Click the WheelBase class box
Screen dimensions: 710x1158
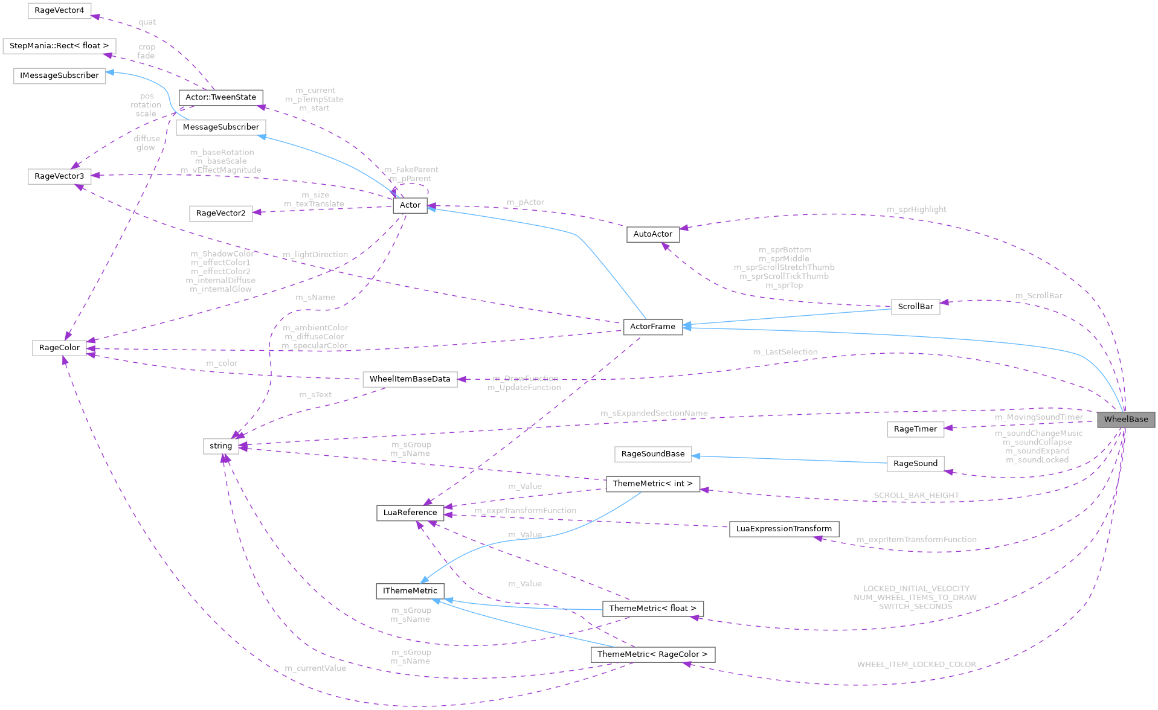[x=1126, y=420]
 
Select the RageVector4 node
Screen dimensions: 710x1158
[x=59, y=11]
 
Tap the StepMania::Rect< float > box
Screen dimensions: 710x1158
[x=59, y=46]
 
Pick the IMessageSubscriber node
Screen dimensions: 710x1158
[x=59, y=75]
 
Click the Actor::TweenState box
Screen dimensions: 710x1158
[x=220, y=97]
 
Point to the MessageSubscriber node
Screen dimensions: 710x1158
[x=220, y=127]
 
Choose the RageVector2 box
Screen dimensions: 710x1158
[x=220, y=213]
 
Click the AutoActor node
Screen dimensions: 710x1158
[x=652, y=234]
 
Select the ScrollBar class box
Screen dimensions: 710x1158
[x=915, y=307]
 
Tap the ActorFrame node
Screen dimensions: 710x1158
[x=652, y=327]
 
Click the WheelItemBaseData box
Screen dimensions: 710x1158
[x=410, y=379]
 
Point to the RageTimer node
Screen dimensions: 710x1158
[x=915, y=429]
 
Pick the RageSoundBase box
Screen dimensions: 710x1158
[x=652, y=454]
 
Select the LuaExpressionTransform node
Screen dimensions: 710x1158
[x=783, y=529]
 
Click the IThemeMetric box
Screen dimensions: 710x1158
[x=410, y=590]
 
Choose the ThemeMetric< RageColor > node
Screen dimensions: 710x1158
[x=652, y=654]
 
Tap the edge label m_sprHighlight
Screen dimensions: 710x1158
[x=916, y=209]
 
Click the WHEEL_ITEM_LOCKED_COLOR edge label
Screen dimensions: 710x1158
[x=916, y=665]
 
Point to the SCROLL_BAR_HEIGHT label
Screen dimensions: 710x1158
[x=916, y=496]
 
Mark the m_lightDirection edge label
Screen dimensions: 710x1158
[x=315, y=255]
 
